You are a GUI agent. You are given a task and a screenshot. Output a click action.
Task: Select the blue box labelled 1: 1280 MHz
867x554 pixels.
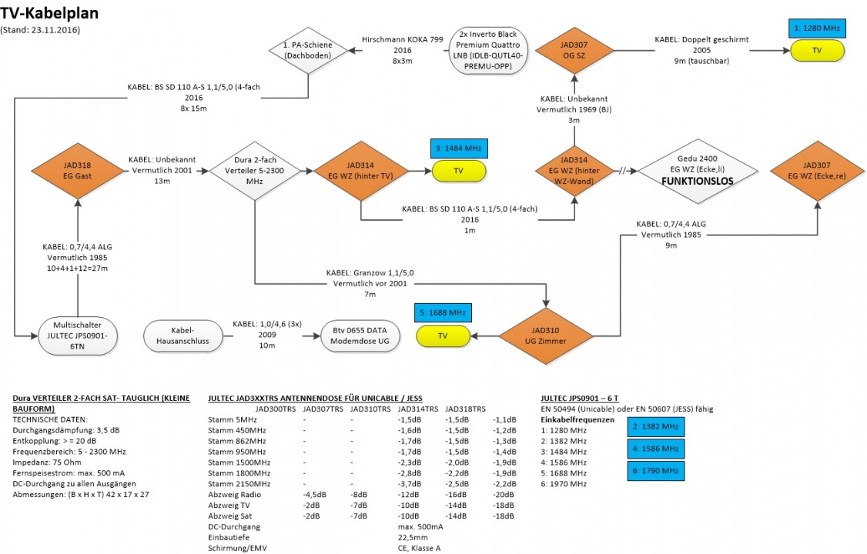pyautogui.click(x=817, y=28)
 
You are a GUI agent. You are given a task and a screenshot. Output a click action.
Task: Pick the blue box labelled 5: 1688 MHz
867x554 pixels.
pyautogui.click(x=444, y=314)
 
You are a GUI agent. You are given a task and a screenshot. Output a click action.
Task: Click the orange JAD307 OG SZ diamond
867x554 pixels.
pyautogui.click(x=574, y=49)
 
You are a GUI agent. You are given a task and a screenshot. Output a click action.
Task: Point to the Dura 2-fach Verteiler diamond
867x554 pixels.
pyautogui.click(x=253, y=172)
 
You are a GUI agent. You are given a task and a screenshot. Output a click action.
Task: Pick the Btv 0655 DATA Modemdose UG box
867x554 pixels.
pyautogui.click(x=360, y=336)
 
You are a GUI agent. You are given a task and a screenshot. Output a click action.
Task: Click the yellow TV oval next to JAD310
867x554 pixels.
pyautogui.click(x=444, y=336)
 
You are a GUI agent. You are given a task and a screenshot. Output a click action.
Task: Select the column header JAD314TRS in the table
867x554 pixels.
pyautogui.click(x=418, y=409)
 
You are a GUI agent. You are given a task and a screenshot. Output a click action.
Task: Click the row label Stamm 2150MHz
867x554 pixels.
pyautogui.click(x=239, y=483)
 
